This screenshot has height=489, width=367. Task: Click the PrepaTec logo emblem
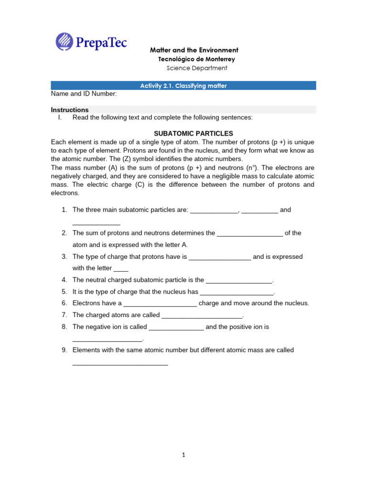coord(65,41)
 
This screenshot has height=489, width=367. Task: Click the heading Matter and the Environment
coord(194,50)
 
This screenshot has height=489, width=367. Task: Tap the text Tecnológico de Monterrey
coord(196,59)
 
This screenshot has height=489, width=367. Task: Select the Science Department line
coord(196,68)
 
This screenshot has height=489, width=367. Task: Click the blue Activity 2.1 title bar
coord(183,85)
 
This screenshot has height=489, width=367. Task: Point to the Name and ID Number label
coord(84,94)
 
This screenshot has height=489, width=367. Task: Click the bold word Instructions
coord(70,110)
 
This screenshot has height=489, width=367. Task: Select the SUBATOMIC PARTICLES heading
coord(193,133)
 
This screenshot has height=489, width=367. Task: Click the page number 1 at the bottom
coord(183,455)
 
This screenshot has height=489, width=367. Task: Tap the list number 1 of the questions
coord(64,210)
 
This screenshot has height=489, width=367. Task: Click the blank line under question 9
coord(120,364)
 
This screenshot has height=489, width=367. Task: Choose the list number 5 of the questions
coord(64,291)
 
